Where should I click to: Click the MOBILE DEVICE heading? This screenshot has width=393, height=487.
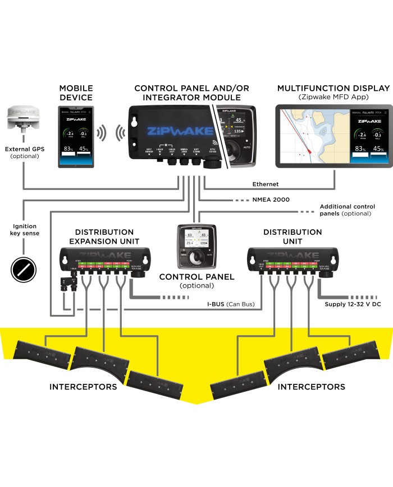point(76,93)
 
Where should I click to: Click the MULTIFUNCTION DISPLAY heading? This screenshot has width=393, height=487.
point(333,89)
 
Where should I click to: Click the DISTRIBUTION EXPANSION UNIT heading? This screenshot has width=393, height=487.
point(104,236)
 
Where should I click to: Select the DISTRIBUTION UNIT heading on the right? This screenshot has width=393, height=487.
point(293,236)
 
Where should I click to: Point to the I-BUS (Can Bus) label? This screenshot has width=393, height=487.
point(228,304)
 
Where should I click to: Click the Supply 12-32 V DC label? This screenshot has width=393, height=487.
point(353,304)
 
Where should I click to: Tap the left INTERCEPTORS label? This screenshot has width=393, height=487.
point(83,387)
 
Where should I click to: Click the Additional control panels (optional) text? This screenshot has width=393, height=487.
point(347,210)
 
